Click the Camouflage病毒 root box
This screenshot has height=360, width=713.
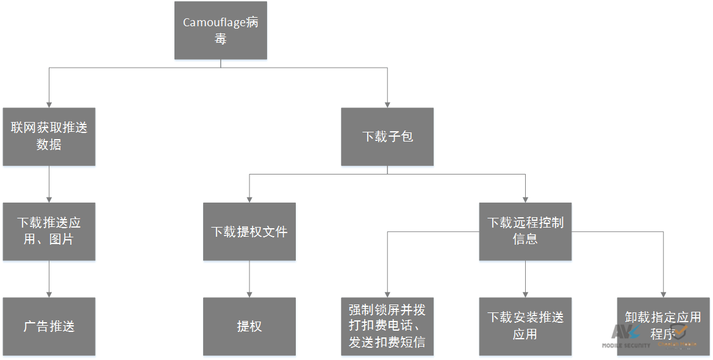pyautogui.click(x=220, y=31)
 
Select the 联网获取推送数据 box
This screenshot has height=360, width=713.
pyautogui.click(x=49, y=137)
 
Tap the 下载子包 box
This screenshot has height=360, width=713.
pyautogui.click(x=387, y=137)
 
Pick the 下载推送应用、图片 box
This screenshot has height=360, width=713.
pyautogui.click(x=49, y=231)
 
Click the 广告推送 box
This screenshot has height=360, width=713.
pyautogui.click(x=49, y=326)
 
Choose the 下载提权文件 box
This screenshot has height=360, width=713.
pyautogui.click(x=249, y=231)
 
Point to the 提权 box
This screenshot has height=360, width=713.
pyautogui.click(x=249, y=326)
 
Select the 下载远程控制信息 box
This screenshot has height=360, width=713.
pyautogui.click(x=525, y=231)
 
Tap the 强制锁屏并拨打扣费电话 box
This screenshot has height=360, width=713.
pyautogui.click(x=387, y=326)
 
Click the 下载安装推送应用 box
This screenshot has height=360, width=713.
pyautogui.click(x=525, y=326)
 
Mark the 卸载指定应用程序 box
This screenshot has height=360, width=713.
pyautogui.click(x=663, y=326)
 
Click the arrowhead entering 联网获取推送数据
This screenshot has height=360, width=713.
pyautogui.click(x=49, y=104)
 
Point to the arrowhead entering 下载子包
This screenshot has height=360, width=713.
pyautogui.click(x=387, y=104)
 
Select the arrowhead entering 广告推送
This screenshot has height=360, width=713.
pyautogui.click(x=49, y=293)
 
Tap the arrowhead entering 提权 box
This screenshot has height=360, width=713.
pyautogui.click(x=249, y=293)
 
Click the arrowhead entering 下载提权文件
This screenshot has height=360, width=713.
pyautogui.click(x=249, y=199)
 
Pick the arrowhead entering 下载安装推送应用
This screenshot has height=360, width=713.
pyautogui.click(x=525, y=293)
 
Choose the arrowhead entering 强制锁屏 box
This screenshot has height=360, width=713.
pyautogui.click(x=387, y=293)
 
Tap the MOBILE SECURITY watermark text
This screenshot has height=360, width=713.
pyautogui.click(x=626, y=345)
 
